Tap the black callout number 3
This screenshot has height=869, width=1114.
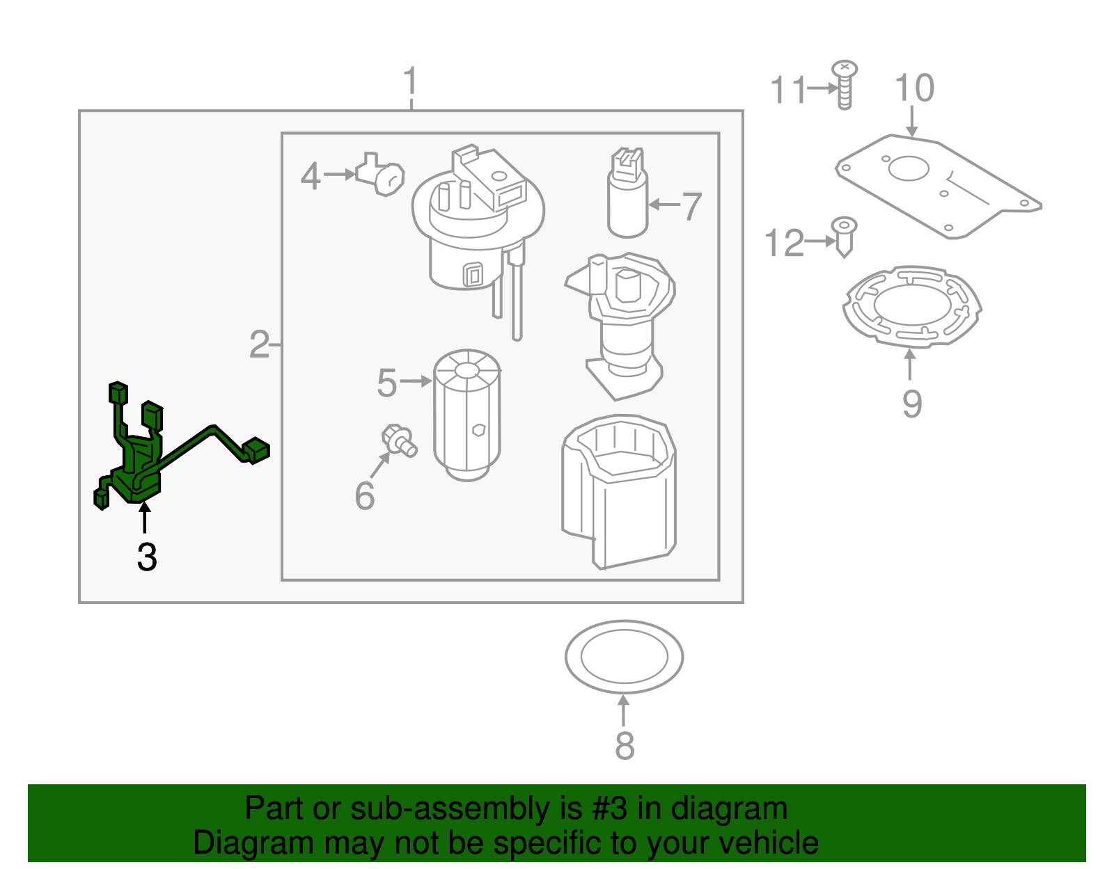[x=147, y=557]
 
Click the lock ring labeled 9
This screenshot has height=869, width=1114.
[x=911, y=306]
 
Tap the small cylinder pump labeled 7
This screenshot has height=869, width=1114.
[x=627, y=198]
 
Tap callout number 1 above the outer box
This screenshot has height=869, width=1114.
[x=411, y=81]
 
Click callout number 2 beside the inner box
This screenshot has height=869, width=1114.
[x=259, y=344]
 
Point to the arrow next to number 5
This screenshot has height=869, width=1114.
[x=416, y=381]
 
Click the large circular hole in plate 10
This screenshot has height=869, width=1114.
[x=909, y=168]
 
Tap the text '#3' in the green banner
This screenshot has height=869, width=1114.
[x=609, y=808]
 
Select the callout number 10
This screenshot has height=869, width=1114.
[x=913, y=89]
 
